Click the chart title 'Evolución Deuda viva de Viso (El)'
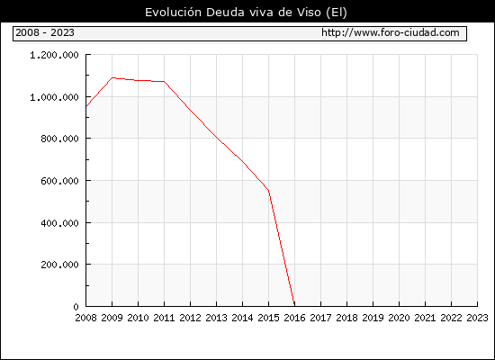coord(246,13)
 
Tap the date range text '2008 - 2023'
coord(45,32)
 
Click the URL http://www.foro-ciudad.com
coord(391,32)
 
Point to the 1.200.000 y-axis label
coord(54,55)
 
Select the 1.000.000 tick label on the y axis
coord(54,97)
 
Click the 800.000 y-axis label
coord(59,139)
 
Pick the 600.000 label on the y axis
coord(59,181)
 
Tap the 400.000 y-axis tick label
coord(59,223)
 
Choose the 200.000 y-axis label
coord(59,265)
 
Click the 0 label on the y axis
coord(76,307)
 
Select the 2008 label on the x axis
coord(85,318)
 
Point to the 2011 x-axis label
coord(164,318)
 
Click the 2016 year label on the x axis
coord(294,318)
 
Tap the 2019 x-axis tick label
coord(373,318)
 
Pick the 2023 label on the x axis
coord(477,318)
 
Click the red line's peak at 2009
coord(112,77)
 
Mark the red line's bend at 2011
coord(164,82)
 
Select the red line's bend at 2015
coord(268,191)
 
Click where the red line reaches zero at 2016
coord(294,305)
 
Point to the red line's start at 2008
coord(86,106)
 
